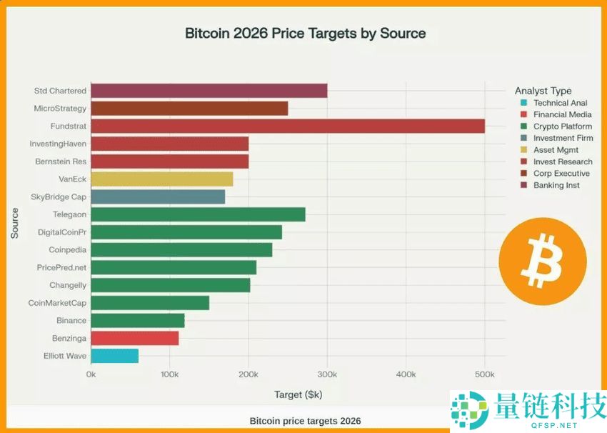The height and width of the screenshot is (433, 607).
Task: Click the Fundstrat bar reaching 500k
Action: click(x=288, y=126)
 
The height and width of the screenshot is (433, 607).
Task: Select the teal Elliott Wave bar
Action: click(x=114, y=356)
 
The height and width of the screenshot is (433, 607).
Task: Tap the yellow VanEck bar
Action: click(x=161, y=179)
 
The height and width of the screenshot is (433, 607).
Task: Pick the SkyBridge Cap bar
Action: click(x=158, y=196)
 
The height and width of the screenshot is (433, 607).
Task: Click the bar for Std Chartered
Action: click(x=209, y=91)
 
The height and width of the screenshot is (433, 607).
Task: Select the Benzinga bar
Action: click(x=134, y=338)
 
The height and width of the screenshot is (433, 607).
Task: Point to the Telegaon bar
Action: click(x=198, y=214)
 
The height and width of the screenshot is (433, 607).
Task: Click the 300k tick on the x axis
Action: click(x=327, y=374)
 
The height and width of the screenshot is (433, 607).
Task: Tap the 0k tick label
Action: click(x=91, y=374)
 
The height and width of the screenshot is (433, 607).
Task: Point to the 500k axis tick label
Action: click(x=484, y=374)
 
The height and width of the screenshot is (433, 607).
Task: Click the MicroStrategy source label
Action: click(x=60, y=109)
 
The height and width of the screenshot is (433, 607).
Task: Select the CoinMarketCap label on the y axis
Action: click(x=57, y=303)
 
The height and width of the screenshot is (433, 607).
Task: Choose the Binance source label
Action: click(x=71, y=321)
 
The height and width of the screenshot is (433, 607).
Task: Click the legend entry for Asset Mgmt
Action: click(x=556, y=150)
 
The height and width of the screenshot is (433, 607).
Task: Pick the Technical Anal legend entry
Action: click(x=560, y=103)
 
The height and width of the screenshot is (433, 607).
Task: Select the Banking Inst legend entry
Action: click(x=556, y=185)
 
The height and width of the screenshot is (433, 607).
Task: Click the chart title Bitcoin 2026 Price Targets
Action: click(x=305, y=34)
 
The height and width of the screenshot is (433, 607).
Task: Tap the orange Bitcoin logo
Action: click(x=542, y=257)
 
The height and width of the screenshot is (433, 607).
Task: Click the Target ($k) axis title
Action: click(x=298, y=394)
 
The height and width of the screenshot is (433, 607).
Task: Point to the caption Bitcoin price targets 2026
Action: click(x=305, y=421)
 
